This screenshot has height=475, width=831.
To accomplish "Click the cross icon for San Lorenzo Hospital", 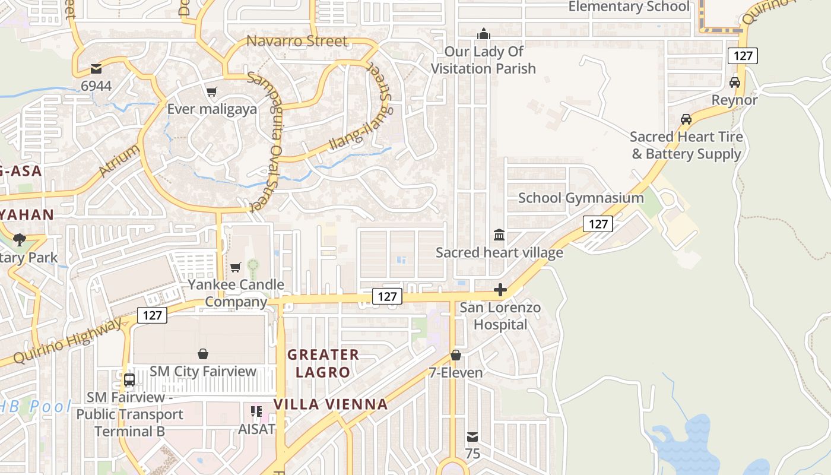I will click(x=500, y=290).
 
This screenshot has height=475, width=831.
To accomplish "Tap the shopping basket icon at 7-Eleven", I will click(x=456, y=355).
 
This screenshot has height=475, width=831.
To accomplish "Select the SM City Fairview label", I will click(x=203, y=372).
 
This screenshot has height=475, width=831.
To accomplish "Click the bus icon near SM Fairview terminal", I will click(x=129, y=379).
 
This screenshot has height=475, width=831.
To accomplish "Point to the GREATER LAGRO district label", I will click(x=323, y=363).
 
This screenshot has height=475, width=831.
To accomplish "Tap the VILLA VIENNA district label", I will click(x=331, y=404).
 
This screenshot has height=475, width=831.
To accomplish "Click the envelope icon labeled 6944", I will click(x=96, y=69).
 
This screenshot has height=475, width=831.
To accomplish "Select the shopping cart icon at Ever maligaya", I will click(x=211, y=91).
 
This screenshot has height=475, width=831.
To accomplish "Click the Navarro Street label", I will click(x=297, y=41).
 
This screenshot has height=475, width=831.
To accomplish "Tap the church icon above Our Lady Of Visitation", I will click(x=484, y=33).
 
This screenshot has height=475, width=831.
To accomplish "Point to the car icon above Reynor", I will click(x=735, y=83).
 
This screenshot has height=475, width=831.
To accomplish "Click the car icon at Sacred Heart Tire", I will click(x=686, y=119).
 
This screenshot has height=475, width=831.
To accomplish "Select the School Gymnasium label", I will click(x=581, y=198).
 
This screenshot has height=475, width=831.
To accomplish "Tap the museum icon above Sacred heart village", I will click(x=499, y=235).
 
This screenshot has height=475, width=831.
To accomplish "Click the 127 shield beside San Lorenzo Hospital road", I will click(x=387, y=296).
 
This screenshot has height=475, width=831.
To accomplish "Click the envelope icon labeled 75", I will click(x=472, y=438).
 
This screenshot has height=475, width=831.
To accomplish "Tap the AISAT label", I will click(x=256, y=428).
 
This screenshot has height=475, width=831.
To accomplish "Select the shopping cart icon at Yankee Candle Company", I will click(x=236, y=268).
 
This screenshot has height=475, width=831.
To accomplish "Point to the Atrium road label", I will click(x=120, y=160).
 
